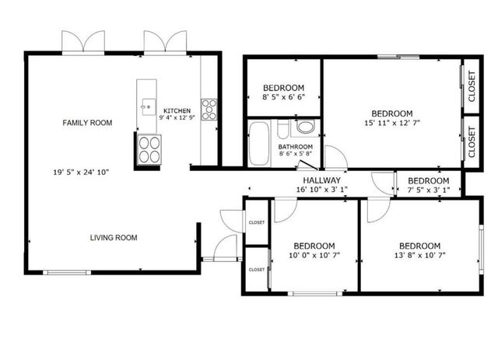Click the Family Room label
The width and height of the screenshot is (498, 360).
[x=87, y=122]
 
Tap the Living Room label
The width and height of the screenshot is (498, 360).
[x=113, y=238]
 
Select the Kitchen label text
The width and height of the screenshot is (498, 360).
[x=176, y=110]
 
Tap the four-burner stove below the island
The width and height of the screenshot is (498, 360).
[x=148, y=149]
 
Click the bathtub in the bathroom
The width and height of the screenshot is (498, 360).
[x=258, y=142]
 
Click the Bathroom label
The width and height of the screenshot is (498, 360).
[x=296, y=146]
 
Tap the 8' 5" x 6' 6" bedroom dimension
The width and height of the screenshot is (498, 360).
[x=283, y=98]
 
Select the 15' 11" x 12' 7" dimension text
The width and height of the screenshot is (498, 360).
[x=391, y=122]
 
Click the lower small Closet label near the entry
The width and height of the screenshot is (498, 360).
[x=256, y=269]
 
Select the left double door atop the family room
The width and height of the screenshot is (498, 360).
[x=82, y=43]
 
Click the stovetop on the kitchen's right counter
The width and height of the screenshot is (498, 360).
[x=209, y=109]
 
